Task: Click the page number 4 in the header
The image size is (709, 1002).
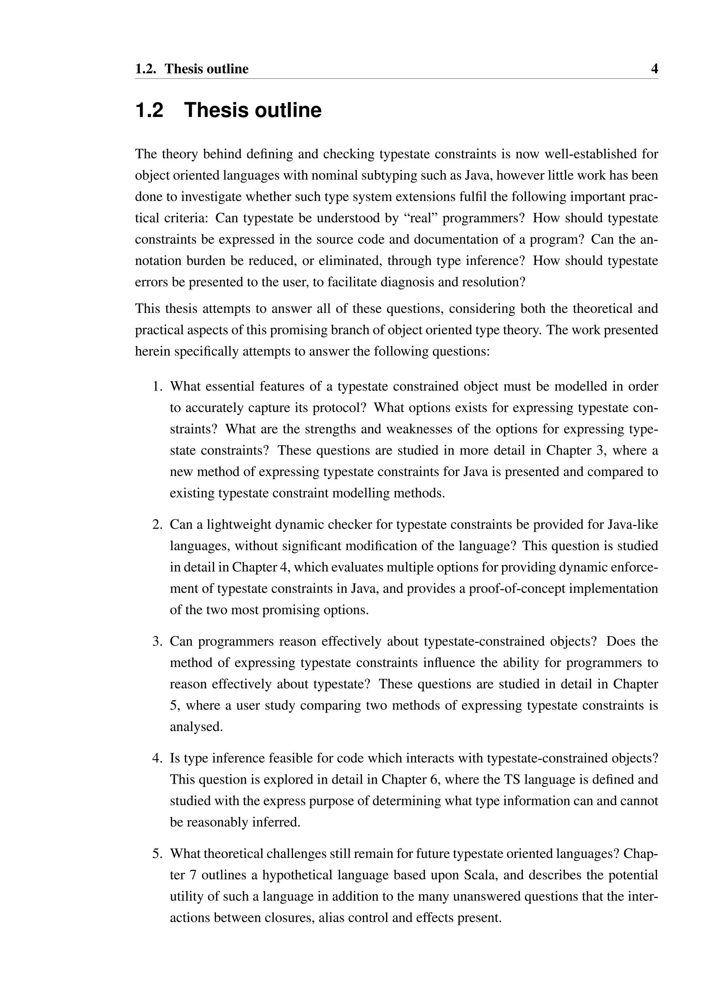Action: pos(654,69)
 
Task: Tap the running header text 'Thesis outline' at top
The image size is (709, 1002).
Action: pos(206,69)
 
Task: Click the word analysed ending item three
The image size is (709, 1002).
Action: pos(196,727)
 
